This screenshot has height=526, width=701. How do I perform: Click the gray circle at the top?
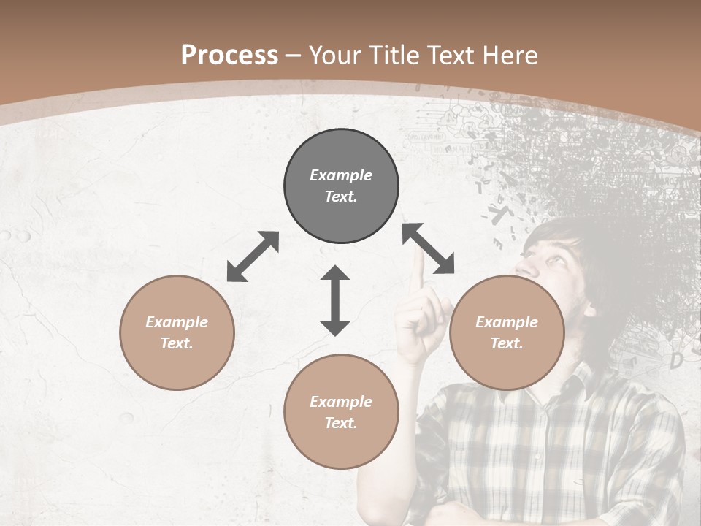341,186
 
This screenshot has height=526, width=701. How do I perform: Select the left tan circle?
177,332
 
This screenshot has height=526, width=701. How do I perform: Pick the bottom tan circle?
341,411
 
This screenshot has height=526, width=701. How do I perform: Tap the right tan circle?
507,332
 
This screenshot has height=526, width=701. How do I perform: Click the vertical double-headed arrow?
335,300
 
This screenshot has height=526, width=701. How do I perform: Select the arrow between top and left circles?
253,256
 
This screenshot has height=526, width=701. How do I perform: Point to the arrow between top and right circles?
429,248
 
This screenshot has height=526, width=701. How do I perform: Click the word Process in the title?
229,55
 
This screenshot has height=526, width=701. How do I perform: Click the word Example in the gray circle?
341,175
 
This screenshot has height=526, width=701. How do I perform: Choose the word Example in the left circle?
177,322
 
